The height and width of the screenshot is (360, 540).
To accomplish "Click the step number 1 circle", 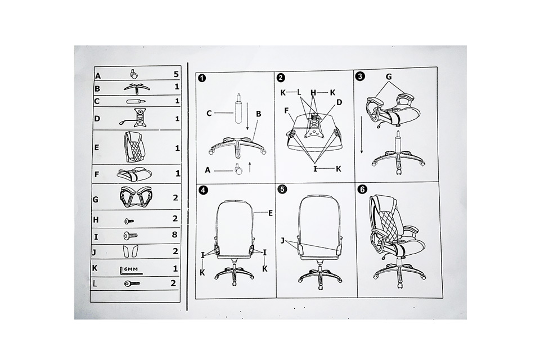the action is point(202,78).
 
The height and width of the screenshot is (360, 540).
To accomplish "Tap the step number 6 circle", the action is point(363,190).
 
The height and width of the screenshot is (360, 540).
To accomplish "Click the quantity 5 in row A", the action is point(176,74).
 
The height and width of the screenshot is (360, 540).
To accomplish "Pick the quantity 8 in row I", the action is point(174,235).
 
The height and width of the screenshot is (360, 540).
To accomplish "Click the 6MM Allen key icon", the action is point(131,271).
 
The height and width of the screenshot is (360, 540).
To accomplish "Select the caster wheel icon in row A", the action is point(134,74).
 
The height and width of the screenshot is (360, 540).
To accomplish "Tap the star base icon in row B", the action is point(137,88).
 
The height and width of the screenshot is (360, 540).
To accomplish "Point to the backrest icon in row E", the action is point(134,147).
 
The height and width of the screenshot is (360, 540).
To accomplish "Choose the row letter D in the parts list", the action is point(97,119).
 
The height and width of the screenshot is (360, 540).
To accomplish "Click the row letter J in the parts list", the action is point(94,253).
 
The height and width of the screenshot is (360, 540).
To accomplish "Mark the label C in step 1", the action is point(209,113).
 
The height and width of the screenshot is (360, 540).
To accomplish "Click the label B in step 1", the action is point(259,114).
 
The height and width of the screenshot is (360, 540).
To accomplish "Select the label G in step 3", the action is point(389,76).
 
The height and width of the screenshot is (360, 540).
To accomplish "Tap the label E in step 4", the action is point(271,213).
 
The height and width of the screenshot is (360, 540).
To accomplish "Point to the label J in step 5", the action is point(282,240).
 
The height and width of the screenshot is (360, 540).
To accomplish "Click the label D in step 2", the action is point(339,102).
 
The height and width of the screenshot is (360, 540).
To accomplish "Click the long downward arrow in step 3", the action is point(362,134).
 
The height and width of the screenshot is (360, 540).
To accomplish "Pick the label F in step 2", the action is point(286,111).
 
